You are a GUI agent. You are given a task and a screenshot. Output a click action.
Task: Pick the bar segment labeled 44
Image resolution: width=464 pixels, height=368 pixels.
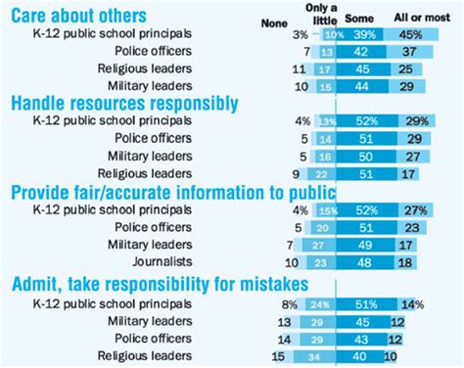click(363, 86)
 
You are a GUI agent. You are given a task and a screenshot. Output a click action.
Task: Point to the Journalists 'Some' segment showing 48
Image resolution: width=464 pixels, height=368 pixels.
click(364, 262)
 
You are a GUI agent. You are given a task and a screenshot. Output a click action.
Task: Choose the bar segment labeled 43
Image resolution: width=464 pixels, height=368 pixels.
click(360, 338)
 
